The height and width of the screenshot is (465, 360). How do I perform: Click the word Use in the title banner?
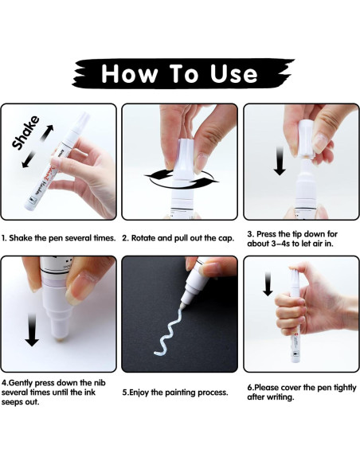[233, 74]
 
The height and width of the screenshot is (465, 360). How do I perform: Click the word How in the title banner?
[129, 73]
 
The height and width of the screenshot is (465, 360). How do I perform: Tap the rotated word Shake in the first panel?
[25, 132]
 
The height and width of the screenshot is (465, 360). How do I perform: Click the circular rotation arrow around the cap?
[182, 178]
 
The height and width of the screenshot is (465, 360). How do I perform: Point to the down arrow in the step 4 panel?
[32, 330]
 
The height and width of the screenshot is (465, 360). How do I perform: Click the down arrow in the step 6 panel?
[268, 283]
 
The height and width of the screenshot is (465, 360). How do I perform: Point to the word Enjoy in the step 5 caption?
[139, 393]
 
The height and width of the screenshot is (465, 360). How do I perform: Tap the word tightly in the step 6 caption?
[345, 388]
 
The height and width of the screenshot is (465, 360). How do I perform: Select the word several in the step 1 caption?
[78, 238]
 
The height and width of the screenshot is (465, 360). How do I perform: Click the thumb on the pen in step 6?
[301, 269]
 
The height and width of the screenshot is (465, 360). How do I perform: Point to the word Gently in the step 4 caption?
[21, 383]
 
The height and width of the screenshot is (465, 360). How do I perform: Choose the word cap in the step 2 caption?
[227, 238]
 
